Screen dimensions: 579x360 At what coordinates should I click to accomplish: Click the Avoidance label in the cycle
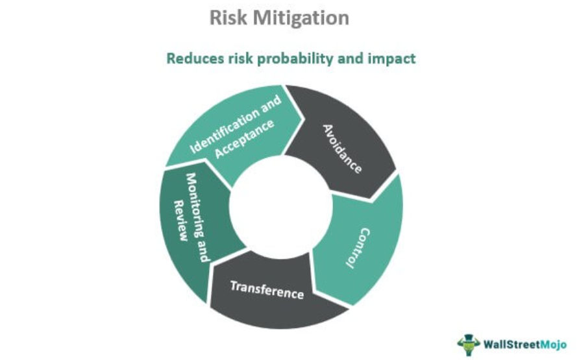(342, 149)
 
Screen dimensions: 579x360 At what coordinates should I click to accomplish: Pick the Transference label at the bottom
(267, 290)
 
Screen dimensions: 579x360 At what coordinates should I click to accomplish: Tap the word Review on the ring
(180, 221)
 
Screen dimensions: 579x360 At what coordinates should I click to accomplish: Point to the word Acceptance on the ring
(245, 139)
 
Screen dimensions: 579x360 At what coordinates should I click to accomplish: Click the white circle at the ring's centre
(280, 206)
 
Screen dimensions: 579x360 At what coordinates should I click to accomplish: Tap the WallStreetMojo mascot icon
(469, 345)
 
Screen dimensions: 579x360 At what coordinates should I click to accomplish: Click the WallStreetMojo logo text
(524, 345)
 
